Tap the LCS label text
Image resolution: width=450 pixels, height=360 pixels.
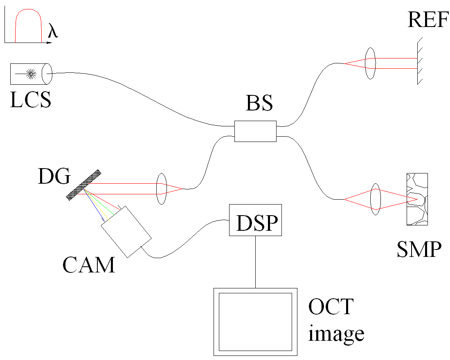click(x=31, y=99)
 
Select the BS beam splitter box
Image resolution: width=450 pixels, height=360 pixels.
click(x=255, y=131)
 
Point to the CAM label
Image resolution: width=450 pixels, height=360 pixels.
click(x=89, y=265)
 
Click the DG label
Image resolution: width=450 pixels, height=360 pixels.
click(x=54, y=177)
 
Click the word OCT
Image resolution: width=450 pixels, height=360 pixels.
click(x=331, y=307)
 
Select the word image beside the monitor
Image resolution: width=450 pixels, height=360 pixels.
click(x=336, y=333)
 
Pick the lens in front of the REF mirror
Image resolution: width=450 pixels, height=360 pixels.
click(x=370, y=63)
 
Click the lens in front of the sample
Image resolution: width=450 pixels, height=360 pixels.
click(x=376, y=199)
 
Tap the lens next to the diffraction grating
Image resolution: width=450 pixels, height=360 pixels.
click(x=162, y=189)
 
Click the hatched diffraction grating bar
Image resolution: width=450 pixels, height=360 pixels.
click(x=84, y=185)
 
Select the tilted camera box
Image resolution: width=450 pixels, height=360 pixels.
click(x=126, y=232)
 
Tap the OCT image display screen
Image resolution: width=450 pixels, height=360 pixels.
click(x=255, y=322)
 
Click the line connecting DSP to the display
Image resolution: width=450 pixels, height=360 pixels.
click(x=256, y=262)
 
